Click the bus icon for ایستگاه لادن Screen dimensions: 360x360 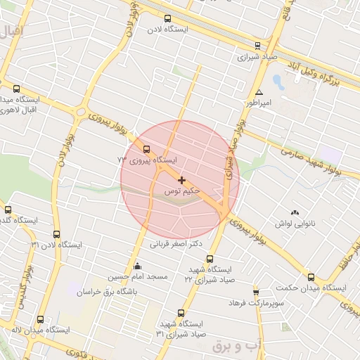167,19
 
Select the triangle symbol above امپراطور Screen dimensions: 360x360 259,92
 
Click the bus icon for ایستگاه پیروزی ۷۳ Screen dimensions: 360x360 146,149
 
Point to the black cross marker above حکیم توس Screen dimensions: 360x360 182,181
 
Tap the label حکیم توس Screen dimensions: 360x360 182,191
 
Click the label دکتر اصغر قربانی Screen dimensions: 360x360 176,245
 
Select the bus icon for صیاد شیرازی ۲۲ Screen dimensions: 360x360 210,259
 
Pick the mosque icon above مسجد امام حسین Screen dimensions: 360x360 137,266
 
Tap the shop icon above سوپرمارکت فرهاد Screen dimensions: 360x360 256,292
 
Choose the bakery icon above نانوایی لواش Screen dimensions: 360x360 294,212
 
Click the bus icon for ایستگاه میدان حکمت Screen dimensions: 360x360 311,277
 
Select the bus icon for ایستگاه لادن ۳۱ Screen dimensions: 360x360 56,235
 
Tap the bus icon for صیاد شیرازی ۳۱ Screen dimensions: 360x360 181,313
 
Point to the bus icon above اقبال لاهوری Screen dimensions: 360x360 17,89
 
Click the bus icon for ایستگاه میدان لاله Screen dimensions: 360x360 40,319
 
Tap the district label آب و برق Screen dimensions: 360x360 237,345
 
